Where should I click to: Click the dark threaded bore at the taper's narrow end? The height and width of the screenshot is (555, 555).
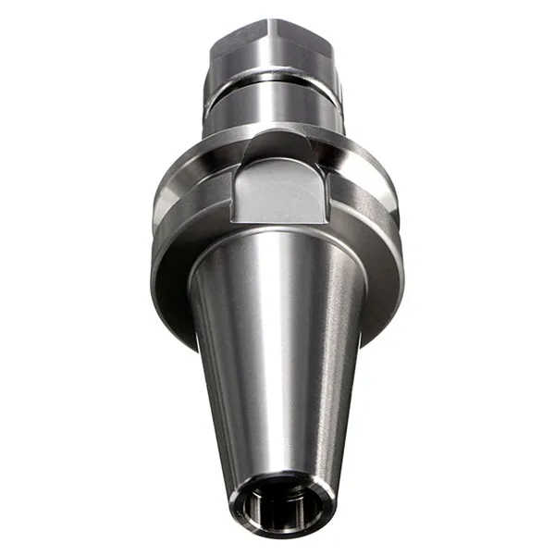pos(277,507)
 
